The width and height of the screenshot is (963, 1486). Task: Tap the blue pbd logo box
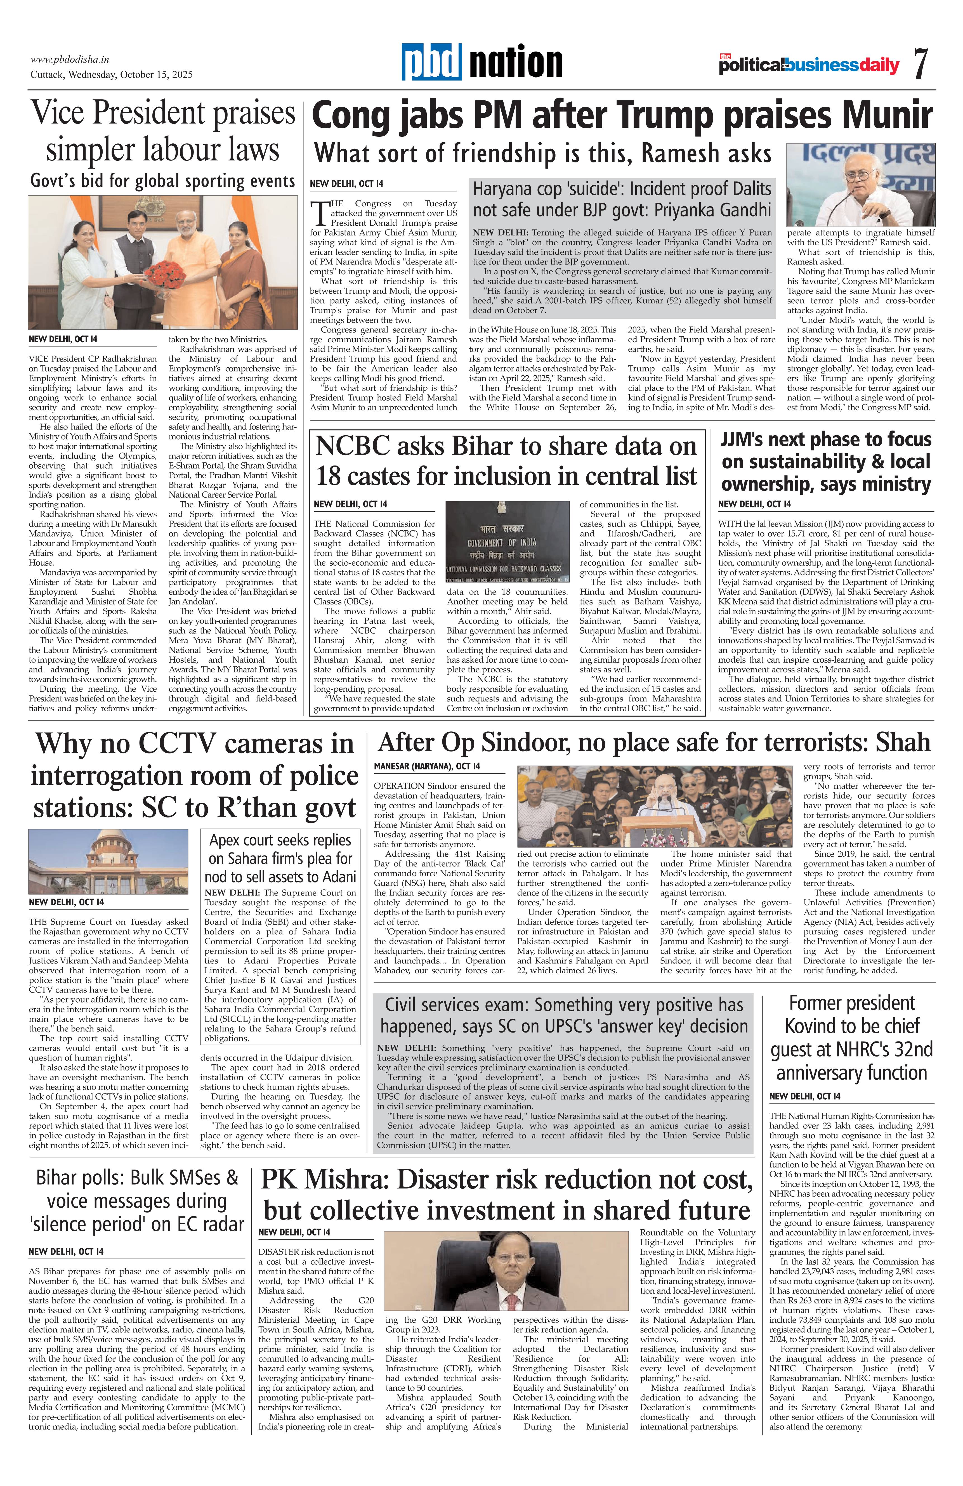point(431,62)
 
